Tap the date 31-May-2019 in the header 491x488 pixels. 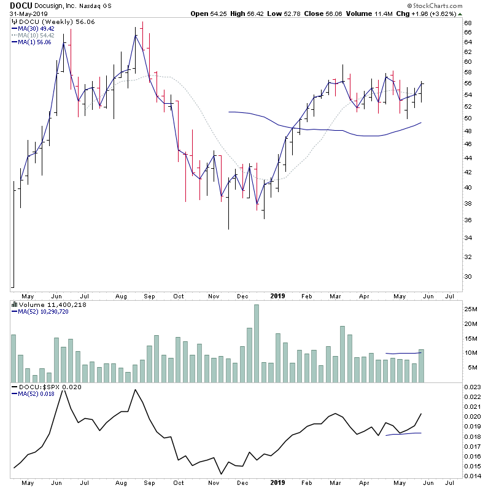click(x=28, y=14)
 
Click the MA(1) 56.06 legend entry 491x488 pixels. click(x=35, y=42)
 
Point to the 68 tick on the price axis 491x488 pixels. click(x=468, y=23)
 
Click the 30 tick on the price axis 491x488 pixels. click(x=468, y=276)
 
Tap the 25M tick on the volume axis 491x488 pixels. click(x=470, y=309)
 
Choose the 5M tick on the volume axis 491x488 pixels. click(x=470, y=368)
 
